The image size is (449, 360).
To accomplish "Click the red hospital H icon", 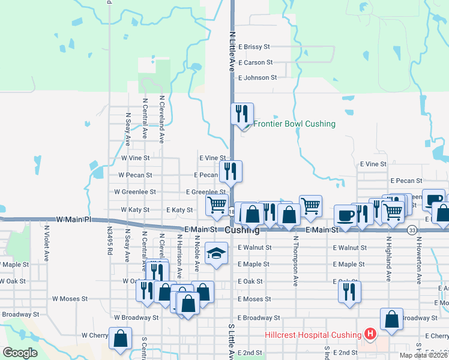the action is click(x=370, y=334).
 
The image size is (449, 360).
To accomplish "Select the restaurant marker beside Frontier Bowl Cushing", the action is click(x=243, y=114).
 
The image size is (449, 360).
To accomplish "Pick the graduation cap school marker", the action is click(x=216, y=253).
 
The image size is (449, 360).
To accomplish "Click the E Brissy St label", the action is click(x=255, y=46).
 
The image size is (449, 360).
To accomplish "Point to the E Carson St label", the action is click(x=255, y=62).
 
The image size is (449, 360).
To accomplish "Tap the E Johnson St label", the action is click(x=258, y=77).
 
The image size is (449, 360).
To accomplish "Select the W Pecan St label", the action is click(x=135, y=175).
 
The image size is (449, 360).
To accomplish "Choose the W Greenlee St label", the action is click(x=135, y=192).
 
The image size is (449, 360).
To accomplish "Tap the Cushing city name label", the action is click(x=243, y=230).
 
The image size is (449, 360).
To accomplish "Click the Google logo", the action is click(x=20, y=353).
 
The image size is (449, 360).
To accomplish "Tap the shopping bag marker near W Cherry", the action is click(x=120, y=338).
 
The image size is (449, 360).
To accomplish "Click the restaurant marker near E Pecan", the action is click(x=231, y=172).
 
